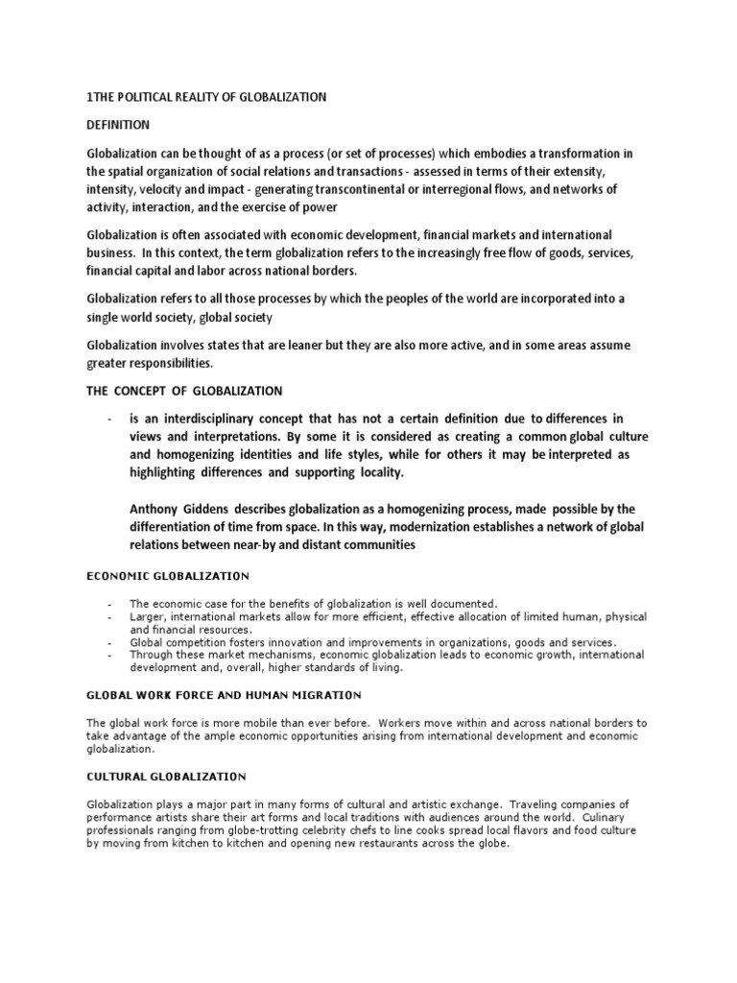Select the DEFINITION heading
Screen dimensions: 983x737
118,126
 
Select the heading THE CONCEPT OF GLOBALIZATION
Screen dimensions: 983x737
184,391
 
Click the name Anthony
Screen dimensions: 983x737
157,508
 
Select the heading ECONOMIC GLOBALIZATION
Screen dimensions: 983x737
168,576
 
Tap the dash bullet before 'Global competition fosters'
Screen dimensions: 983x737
111,642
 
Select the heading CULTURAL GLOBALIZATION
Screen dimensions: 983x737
166,776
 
